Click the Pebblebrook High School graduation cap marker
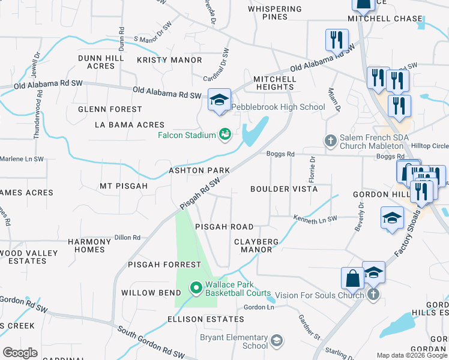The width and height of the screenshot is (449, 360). click(x=219, y=100)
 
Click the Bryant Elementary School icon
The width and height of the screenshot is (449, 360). click(x=277, y=341)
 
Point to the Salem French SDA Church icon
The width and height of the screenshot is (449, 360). click(x=330, y=141)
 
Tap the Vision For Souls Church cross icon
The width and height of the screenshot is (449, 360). click(x=373, y=295)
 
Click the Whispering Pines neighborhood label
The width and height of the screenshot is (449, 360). click(x=275, y=13)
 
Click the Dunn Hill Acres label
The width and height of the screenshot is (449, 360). click(x=101, y=62)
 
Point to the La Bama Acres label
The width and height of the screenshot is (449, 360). click(x=129, y=125)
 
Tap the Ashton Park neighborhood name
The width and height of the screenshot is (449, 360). click(x=199, y=170)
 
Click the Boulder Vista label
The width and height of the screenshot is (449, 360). click(x=283, y=189)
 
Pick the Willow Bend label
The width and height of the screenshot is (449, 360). click(x=151, y=293)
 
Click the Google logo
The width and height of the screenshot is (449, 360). click(x=20, y=353)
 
